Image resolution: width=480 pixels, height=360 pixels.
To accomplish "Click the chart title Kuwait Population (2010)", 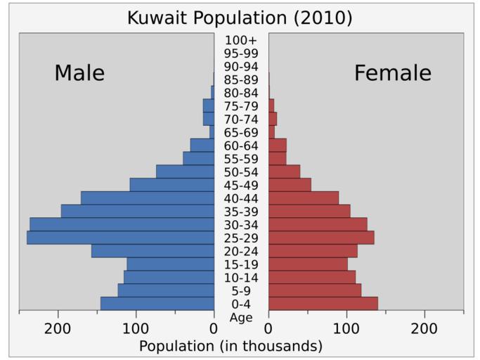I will point(240,17).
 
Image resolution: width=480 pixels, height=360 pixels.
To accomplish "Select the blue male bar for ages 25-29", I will point(120,238).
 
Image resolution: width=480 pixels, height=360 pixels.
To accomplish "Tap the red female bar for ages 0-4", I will point(323,304).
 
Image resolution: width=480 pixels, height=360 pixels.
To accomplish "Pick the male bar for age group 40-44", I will point(148,198).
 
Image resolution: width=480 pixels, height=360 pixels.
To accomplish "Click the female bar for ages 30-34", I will point(318,224).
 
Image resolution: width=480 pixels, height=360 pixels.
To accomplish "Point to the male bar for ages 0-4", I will point(157,304).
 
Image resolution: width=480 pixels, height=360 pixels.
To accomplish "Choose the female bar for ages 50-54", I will point(284,172).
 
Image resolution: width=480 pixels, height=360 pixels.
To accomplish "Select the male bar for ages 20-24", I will point(153,251).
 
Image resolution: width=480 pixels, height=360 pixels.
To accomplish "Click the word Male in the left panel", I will point(79,73).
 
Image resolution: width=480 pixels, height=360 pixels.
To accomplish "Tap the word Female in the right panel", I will point(392,73).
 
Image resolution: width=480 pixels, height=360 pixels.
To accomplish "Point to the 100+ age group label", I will point(241,40).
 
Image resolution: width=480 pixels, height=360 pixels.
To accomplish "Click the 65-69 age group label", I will point(241,132).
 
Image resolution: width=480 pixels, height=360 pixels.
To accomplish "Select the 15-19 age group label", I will point(241,264).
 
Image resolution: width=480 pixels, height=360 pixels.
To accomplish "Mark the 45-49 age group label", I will point(241,185).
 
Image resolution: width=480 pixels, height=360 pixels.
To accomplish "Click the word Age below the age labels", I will point(241,317).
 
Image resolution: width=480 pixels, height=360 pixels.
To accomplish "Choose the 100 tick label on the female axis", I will point(346,328).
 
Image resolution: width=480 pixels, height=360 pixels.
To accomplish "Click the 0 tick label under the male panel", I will point(214,328).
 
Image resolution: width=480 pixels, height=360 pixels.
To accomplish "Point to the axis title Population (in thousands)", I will point(231,346).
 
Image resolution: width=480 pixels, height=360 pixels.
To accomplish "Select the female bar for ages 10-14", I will point(312,277).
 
